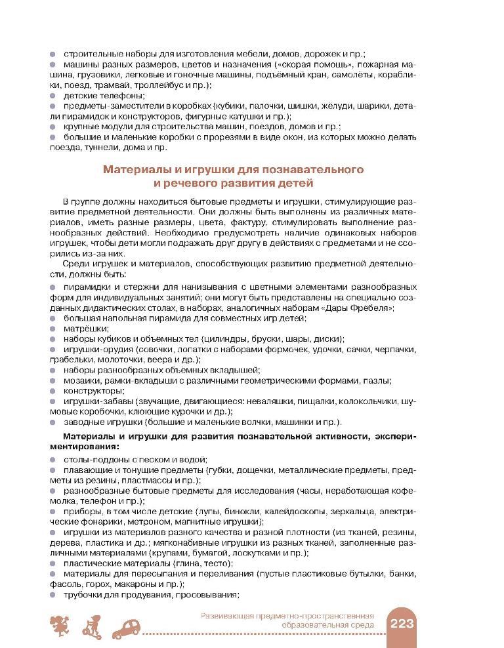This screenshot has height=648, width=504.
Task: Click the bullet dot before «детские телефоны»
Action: coord(54,96)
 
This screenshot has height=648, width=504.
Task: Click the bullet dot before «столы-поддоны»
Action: coord(54,460)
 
